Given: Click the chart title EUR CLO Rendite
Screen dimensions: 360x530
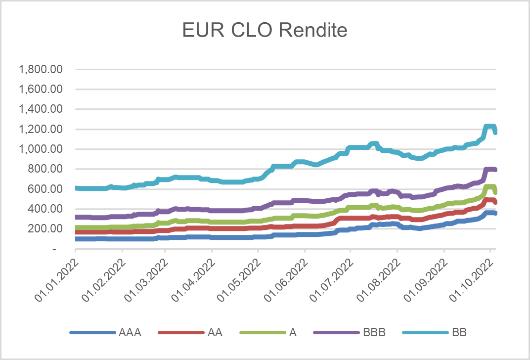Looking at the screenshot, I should (265, 31).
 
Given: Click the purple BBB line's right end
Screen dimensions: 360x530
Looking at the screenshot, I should (495, 170).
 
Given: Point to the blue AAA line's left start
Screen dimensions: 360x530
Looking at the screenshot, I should (76, 239).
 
